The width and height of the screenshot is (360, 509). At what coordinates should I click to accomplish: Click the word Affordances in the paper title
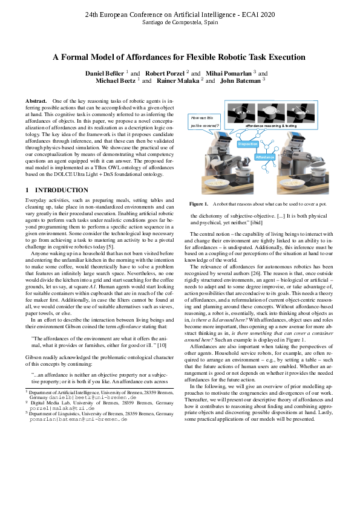pos(146,57)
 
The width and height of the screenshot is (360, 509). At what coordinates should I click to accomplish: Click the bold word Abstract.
pos(36,100)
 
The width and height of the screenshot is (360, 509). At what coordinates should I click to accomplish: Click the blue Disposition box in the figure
pos(247,144)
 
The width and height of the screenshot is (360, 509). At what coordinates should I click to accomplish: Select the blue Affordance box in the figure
pos(264,157)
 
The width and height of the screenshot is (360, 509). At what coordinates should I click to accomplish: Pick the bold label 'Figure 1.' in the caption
pos(198,204)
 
